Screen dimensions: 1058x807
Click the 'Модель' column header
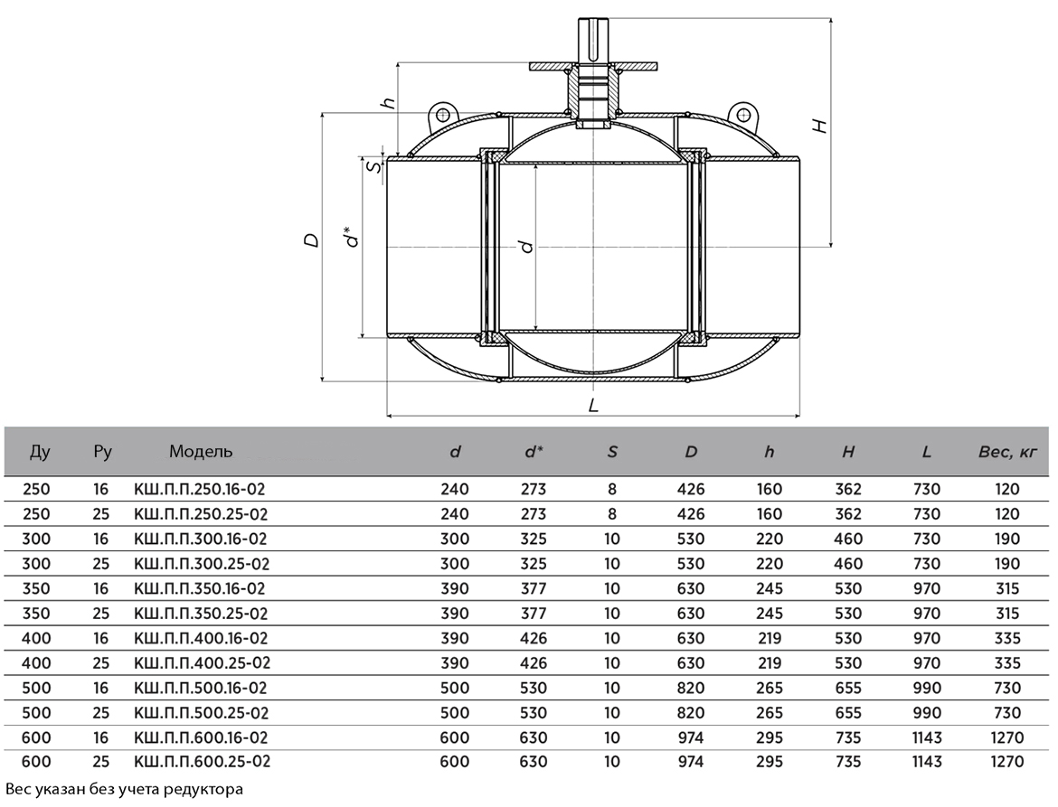[201, 451]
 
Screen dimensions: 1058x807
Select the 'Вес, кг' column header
[1006, 452]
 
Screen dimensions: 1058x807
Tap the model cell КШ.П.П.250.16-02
[200, 490]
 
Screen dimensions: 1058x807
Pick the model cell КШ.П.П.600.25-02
[203, 762]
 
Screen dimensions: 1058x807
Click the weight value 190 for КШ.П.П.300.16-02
[1006, 540]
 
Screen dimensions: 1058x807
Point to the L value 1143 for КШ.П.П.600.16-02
[926, 737]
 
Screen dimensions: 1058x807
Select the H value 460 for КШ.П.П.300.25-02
[848, 564]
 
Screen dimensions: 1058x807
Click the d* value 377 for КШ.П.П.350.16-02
[533, 588]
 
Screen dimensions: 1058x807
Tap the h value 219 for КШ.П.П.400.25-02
[770, 663]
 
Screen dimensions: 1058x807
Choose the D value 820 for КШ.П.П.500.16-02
[691, 689]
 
